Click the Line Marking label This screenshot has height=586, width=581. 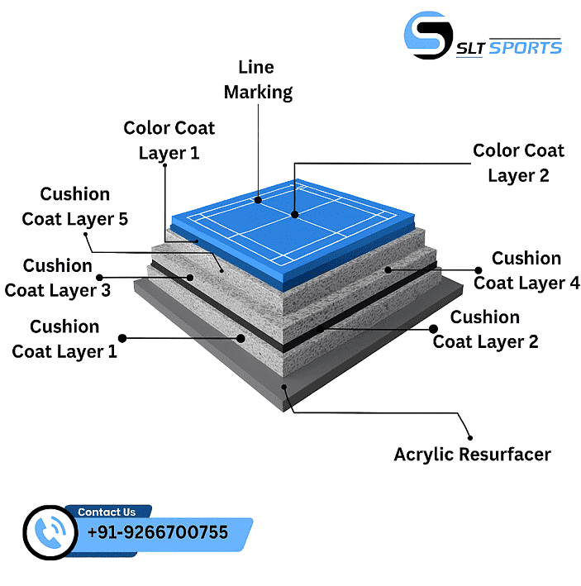click(258, 79)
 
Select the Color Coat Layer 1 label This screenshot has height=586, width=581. click(169, 141)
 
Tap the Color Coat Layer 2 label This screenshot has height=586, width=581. click(518, 163)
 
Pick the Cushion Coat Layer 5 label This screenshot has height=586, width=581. click(74, 206)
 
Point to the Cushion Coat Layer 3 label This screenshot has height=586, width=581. click(57, 278)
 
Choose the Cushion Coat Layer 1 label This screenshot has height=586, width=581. click(64, 339)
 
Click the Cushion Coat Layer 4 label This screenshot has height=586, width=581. click(526, 270)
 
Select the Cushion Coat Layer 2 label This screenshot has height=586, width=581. click(485, 329)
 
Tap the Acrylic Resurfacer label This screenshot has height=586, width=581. click(472, 454)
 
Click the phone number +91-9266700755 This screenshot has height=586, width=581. click(158, 533)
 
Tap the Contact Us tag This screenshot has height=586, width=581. click(107, 512)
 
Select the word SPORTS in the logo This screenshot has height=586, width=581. click(525, 47)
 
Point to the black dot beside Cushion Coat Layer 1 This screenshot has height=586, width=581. click(122, 338)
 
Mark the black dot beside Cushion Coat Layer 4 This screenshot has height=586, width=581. click(479, 269)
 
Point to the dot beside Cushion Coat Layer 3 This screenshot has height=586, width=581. click(101, 278)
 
